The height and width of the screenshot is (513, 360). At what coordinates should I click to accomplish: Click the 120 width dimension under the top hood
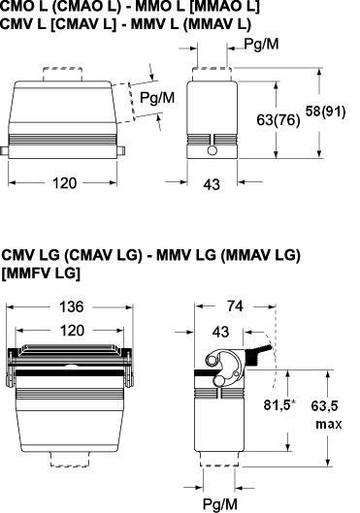pyautogui.click(x=64, y=183)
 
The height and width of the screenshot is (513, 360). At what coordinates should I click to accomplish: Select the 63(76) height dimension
pyautogui.click(x=278, y=119)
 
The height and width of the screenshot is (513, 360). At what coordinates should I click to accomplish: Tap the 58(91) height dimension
pyautogui.click(x=325, y=112)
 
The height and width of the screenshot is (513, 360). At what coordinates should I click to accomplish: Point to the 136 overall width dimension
pyautogui.click(x=72, y=306)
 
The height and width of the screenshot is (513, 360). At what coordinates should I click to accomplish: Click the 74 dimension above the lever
pyautogui.click(x=235, y=306)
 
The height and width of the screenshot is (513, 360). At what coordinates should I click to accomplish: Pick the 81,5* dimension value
pyautogui.click(x=279, y=405)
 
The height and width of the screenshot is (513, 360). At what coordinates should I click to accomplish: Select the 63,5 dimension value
pyautogui.click(x=324, y=406)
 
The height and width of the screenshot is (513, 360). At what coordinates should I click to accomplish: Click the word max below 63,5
pyautogui.click(x=329, y=425)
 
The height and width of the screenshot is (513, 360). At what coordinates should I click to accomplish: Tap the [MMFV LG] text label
pyautogui.click(x=41, y=273)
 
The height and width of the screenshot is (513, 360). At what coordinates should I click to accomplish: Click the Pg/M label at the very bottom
pyautogui.click(x=220, y=504)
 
